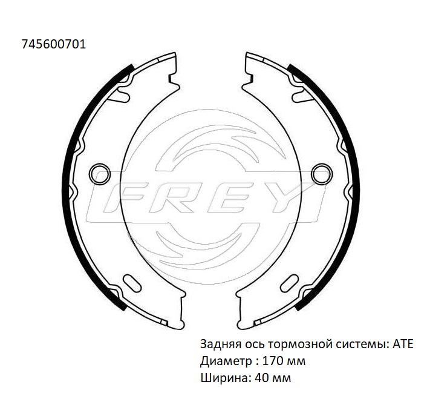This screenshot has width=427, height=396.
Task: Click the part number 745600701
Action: coord(54,44)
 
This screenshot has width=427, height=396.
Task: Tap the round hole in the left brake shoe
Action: coord(100,174)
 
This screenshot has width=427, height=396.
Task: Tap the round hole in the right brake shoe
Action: coord(322,174)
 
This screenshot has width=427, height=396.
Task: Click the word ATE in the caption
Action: coord(403,344)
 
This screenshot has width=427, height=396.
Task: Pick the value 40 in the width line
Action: coord(261,378)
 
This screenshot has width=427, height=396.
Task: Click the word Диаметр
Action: coord(226,361)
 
